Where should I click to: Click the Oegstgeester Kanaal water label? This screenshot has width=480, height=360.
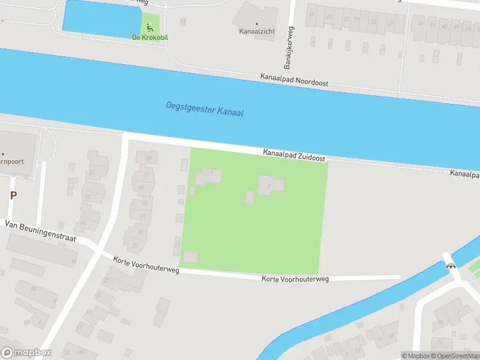[205, 109]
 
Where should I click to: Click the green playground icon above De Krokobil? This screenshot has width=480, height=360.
[149, 27]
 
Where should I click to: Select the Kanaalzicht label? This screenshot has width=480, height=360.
[256, 30]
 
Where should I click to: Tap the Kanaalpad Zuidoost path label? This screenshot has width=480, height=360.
[294, 155]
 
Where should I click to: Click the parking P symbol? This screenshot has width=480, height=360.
[13, 195]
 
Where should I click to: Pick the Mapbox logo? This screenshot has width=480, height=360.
[26, 352]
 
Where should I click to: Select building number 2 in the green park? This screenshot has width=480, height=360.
[268, 186]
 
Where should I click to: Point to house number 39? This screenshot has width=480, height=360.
[148, 158]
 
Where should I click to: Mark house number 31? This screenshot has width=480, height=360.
[143, 215]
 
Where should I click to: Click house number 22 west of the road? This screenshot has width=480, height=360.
[92, 172]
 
